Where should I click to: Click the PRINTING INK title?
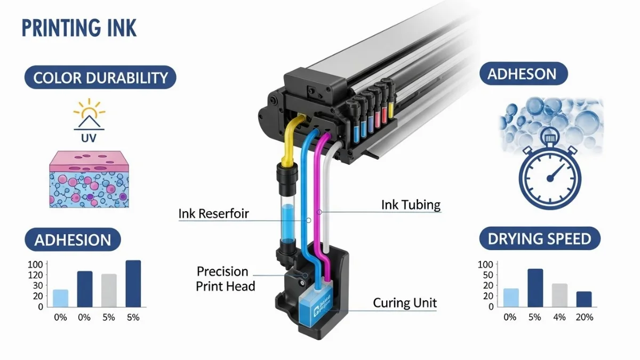[x=79, y=27]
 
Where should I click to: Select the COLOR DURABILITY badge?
[x=100, y=78]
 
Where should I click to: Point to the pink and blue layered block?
[x=89, y=179]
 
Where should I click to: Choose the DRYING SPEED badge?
[x=539, y=238]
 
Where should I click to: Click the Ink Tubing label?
[x=411, y=205]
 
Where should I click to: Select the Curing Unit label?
[x=405, y=303]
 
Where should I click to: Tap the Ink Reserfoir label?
[x=213, y=214]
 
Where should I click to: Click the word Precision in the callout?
[x=222, y=271]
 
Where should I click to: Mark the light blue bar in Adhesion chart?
[x=60, y=298]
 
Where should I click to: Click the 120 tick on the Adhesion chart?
[x=36, y=275]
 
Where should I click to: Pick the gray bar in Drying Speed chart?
[x=559, y=295]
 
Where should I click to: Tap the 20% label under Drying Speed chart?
[x=584, y=317]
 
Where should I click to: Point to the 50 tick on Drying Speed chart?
[x=486, y=275]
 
